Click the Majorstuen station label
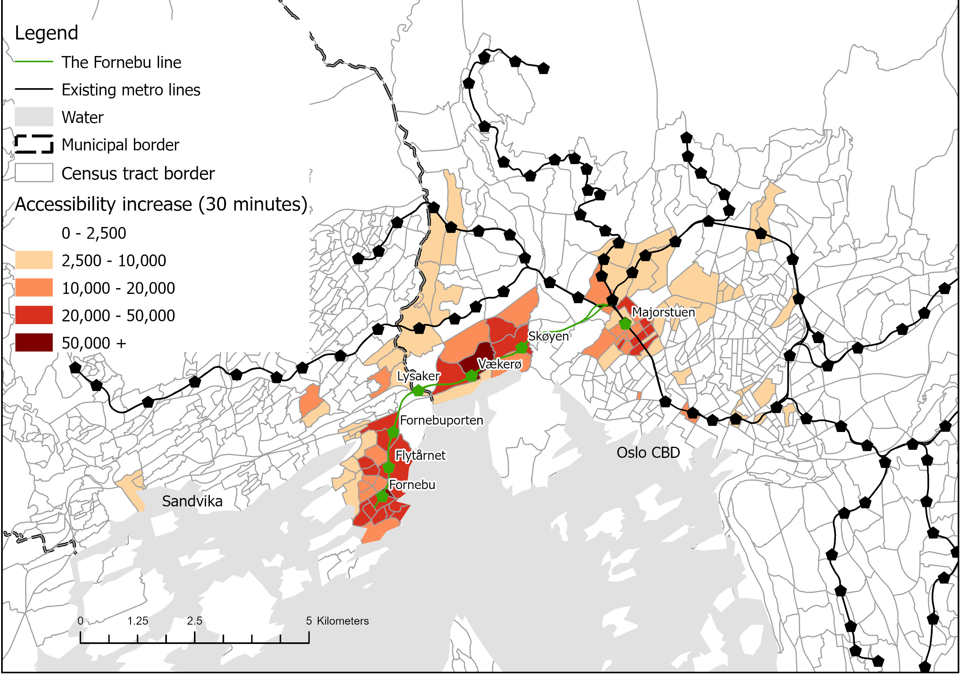click(663, 312)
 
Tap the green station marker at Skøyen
click(521, 347)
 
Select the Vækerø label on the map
click(500, 364)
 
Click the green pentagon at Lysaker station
click(418, 391)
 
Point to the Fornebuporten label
click(441, 420)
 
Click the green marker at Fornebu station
click(382, 496)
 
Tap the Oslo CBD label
click(648, 452)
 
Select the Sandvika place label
click(192, 501)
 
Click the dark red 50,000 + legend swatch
click(34, 343)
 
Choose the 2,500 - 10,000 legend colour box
click(34, 260)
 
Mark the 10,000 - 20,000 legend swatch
click(34, 288)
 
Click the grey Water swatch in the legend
click(34, 117)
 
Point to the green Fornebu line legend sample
click(34, 62)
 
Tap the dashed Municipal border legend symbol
click(34, 144)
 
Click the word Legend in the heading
click(46, 33)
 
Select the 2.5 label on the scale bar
click(194, 621)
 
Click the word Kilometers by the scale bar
click(343, 621)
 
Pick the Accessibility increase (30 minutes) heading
click(161, 204)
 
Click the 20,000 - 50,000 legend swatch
click(34, 316)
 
